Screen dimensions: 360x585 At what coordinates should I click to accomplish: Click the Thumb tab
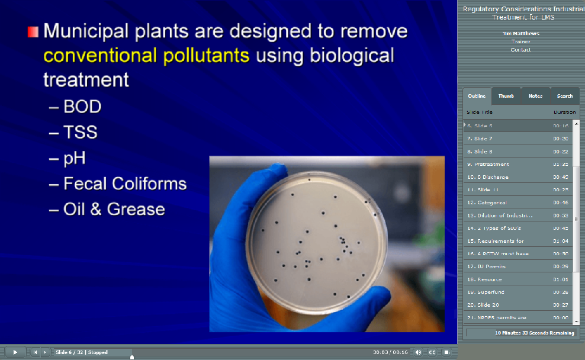(x=506, y=96)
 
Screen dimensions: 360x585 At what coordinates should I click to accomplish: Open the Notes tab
(x=535, y=96)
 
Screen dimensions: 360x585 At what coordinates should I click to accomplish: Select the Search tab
(x=565, y=96)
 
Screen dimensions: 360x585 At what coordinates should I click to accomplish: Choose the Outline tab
(x=477, y=96)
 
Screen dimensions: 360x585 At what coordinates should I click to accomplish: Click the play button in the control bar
(x=15, y=352)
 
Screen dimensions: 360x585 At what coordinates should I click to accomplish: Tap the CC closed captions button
(x=432, y=352)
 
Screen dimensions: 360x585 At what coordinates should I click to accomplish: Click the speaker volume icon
(x=418, y=352)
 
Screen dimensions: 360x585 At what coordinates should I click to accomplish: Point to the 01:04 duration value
(x=561, y=241)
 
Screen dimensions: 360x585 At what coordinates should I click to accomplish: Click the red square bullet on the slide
(x=33, y=31)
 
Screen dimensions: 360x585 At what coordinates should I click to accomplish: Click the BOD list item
(x=82, y=107)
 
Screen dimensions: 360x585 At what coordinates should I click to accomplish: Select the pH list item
(x=75, y=157)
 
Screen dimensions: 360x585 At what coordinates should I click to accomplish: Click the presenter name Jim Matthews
(x=520, y=34)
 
